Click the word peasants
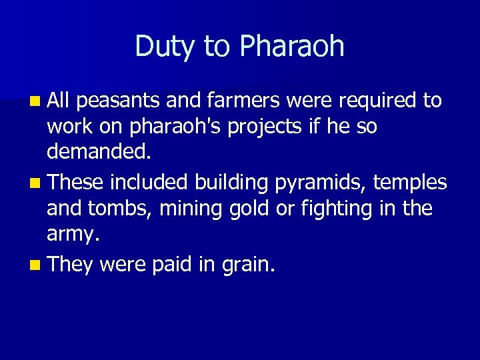point(118,101)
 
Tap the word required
point(378,101)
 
